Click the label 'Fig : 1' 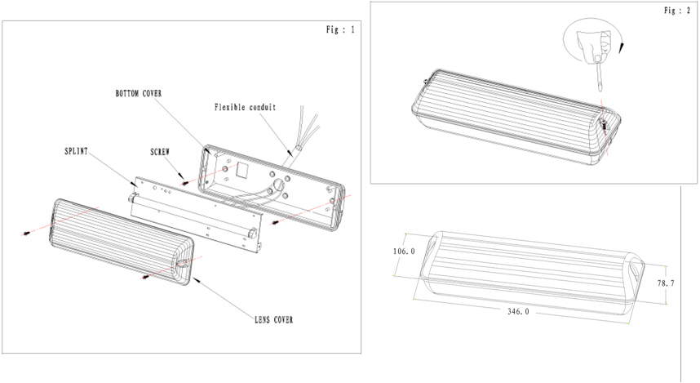[x=340, y=30]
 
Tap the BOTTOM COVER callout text [x=138, y=94]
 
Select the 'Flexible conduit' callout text [x=245, y=107]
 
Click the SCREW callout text [x=160, y=152]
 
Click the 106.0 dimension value [x=404, y=252]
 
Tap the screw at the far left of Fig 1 [x=27, y=234]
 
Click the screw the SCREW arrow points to [x=186, y=183]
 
